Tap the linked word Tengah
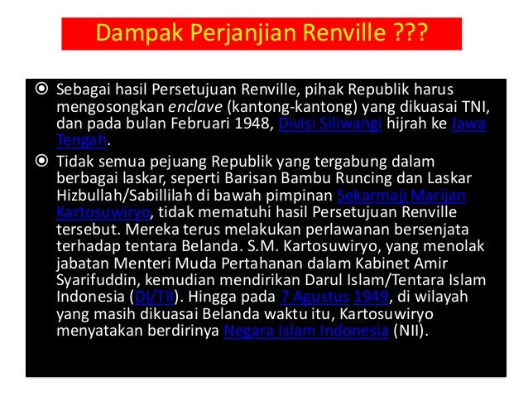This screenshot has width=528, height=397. pyautogui.click(x=81, y=142)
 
